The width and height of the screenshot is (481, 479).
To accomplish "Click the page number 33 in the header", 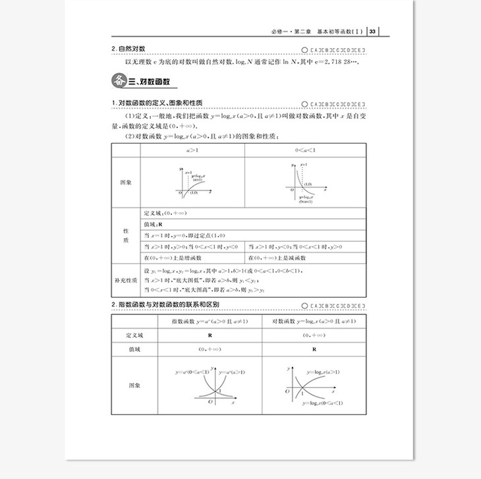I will click(373, 31).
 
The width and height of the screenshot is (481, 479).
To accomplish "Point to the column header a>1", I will click(194, 151).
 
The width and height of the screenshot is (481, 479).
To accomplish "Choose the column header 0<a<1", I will click(305, 151).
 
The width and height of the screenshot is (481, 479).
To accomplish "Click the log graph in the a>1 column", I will click(193, 183).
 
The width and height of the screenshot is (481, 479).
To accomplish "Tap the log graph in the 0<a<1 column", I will click(304, 183).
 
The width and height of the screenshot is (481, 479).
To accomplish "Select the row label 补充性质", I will click(125, 279).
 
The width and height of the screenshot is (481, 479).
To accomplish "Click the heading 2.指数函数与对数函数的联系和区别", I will click(165, 304).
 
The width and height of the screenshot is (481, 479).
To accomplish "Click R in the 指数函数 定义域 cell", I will click(209, 335).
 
